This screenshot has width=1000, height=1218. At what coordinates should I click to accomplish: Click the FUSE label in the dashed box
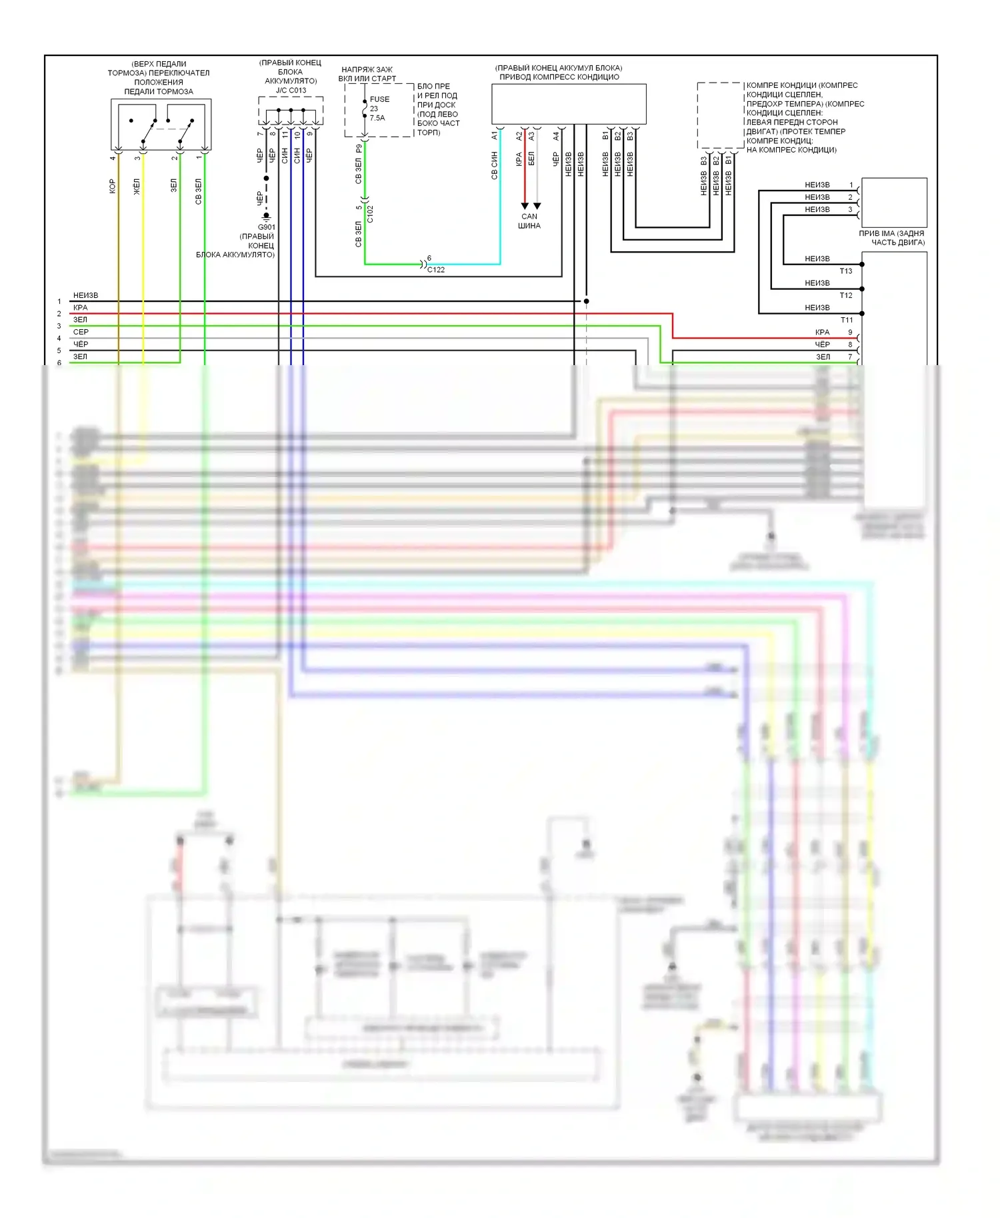click(379, 99)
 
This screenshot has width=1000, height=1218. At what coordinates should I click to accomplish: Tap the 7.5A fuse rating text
click(377, 118)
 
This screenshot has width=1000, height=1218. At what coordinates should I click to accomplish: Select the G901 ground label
click(267, 227)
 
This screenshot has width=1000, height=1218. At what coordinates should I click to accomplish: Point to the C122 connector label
click(436, 270)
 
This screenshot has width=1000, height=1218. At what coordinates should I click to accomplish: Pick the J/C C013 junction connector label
click(291, 91)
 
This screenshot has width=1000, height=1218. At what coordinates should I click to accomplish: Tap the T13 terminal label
click(846, 271)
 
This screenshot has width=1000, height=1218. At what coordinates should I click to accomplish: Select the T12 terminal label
click(846, 295)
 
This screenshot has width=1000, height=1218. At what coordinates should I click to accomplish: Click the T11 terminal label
click(847, 320)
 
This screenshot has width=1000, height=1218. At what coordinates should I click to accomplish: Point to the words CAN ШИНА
click(529, 221)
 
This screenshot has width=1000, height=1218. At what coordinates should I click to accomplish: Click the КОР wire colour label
click(112, 186)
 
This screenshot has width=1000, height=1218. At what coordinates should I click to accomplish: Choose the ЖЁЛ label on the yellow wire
click(137, 186)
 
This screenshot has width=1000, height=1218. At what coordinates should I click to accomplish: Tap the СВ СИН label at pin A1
click(495, 165)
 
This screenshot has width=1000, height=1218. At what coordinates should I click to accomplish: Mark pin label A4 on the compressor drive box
click(556, 135)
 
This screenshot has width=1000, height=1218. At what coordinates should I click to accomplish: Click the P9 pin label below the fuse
click(359, 148)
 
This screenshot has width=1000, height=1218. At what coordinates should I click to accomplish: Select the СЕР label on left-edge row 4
click(81, 332)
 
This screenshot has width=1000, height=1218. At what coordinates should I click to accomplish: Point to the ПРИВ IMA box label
click(892, 238)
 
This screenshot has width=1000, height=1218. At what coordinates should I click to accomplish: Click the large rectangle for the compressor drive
click(569, 104)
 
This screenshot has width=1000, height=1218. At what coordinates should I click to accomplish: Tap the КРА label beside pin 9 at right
click(822, 332)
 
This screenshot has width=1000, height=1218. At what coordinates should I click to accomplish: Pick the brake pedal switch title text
click(159, 78)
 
